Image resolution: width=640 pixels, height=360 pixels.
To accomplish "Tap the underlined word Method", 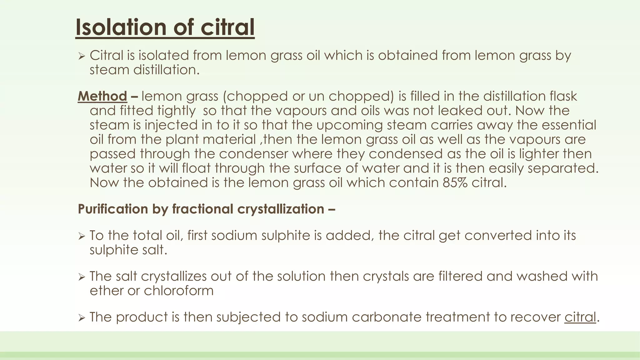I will (102, 96).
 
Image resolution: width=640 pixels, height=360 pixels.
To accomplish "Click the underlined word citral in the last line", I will (580, 317).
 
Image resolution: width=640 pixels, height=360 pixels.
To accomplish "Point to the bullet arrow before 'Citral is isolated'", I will (82, 57).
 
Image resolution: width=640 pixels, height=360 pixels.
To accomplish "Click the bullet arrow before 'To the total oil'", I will (82, 237).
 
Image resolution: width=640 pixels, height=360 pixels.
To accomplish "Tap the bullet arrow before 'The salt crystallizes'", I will (82, 277).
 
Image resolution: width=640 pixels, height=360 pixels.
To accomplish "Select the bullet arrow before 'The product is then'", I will (82, 318).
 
